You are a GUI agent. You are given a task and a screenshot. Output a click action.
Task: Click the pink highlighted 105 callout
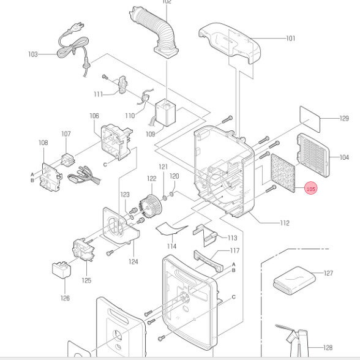click(310, 189)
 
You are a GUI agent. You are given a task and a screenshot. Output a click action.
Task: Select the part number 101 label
click(290, 38)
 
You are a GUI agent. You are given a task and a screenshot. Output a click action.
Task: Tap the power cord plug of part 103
click(80, 26)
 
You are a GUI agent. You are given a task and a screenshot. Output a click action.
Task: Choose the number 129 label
click(344, 118)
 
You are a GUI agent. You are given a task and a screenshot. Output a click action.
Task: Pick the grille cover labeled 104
click(313, 156)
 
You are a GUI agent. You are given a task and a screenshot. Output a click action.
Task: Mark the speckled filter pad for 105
click(283, 173)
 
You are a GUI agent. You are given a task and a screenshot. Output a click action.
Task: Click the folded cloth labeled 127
click(294, 280)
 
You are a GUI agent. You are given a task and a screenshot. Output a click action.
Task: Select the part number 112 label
click(285, 223)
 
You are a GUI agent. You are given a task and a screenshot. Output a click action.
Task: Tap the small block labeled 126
click(61, 270)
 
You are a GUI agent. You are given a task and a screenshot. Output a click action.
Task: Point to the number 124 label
click(133, 261)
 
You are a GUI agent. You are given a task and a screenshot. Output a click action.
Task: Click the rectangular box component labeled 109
click(165, 113)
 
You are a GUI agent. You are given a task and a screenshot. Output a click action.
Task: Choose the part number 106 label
click(94, 116)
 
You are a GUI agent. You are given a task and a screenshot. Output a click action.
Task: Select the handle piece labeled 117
click(208, 261)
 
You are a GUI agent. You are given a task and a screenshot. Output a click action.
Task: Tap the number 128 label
click(328, 348)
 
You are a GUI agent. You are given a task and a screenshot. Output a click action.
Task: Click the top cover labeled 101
click(230, 43)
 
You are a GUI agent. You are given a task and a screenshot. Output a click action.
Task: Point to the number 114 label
click(171, 246)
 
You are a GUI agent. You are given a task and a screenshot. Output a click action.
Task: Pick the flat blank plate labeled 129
click(310, 119)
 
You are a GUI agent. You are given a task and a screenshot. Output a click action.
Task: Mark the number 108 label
click(43, 143)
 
